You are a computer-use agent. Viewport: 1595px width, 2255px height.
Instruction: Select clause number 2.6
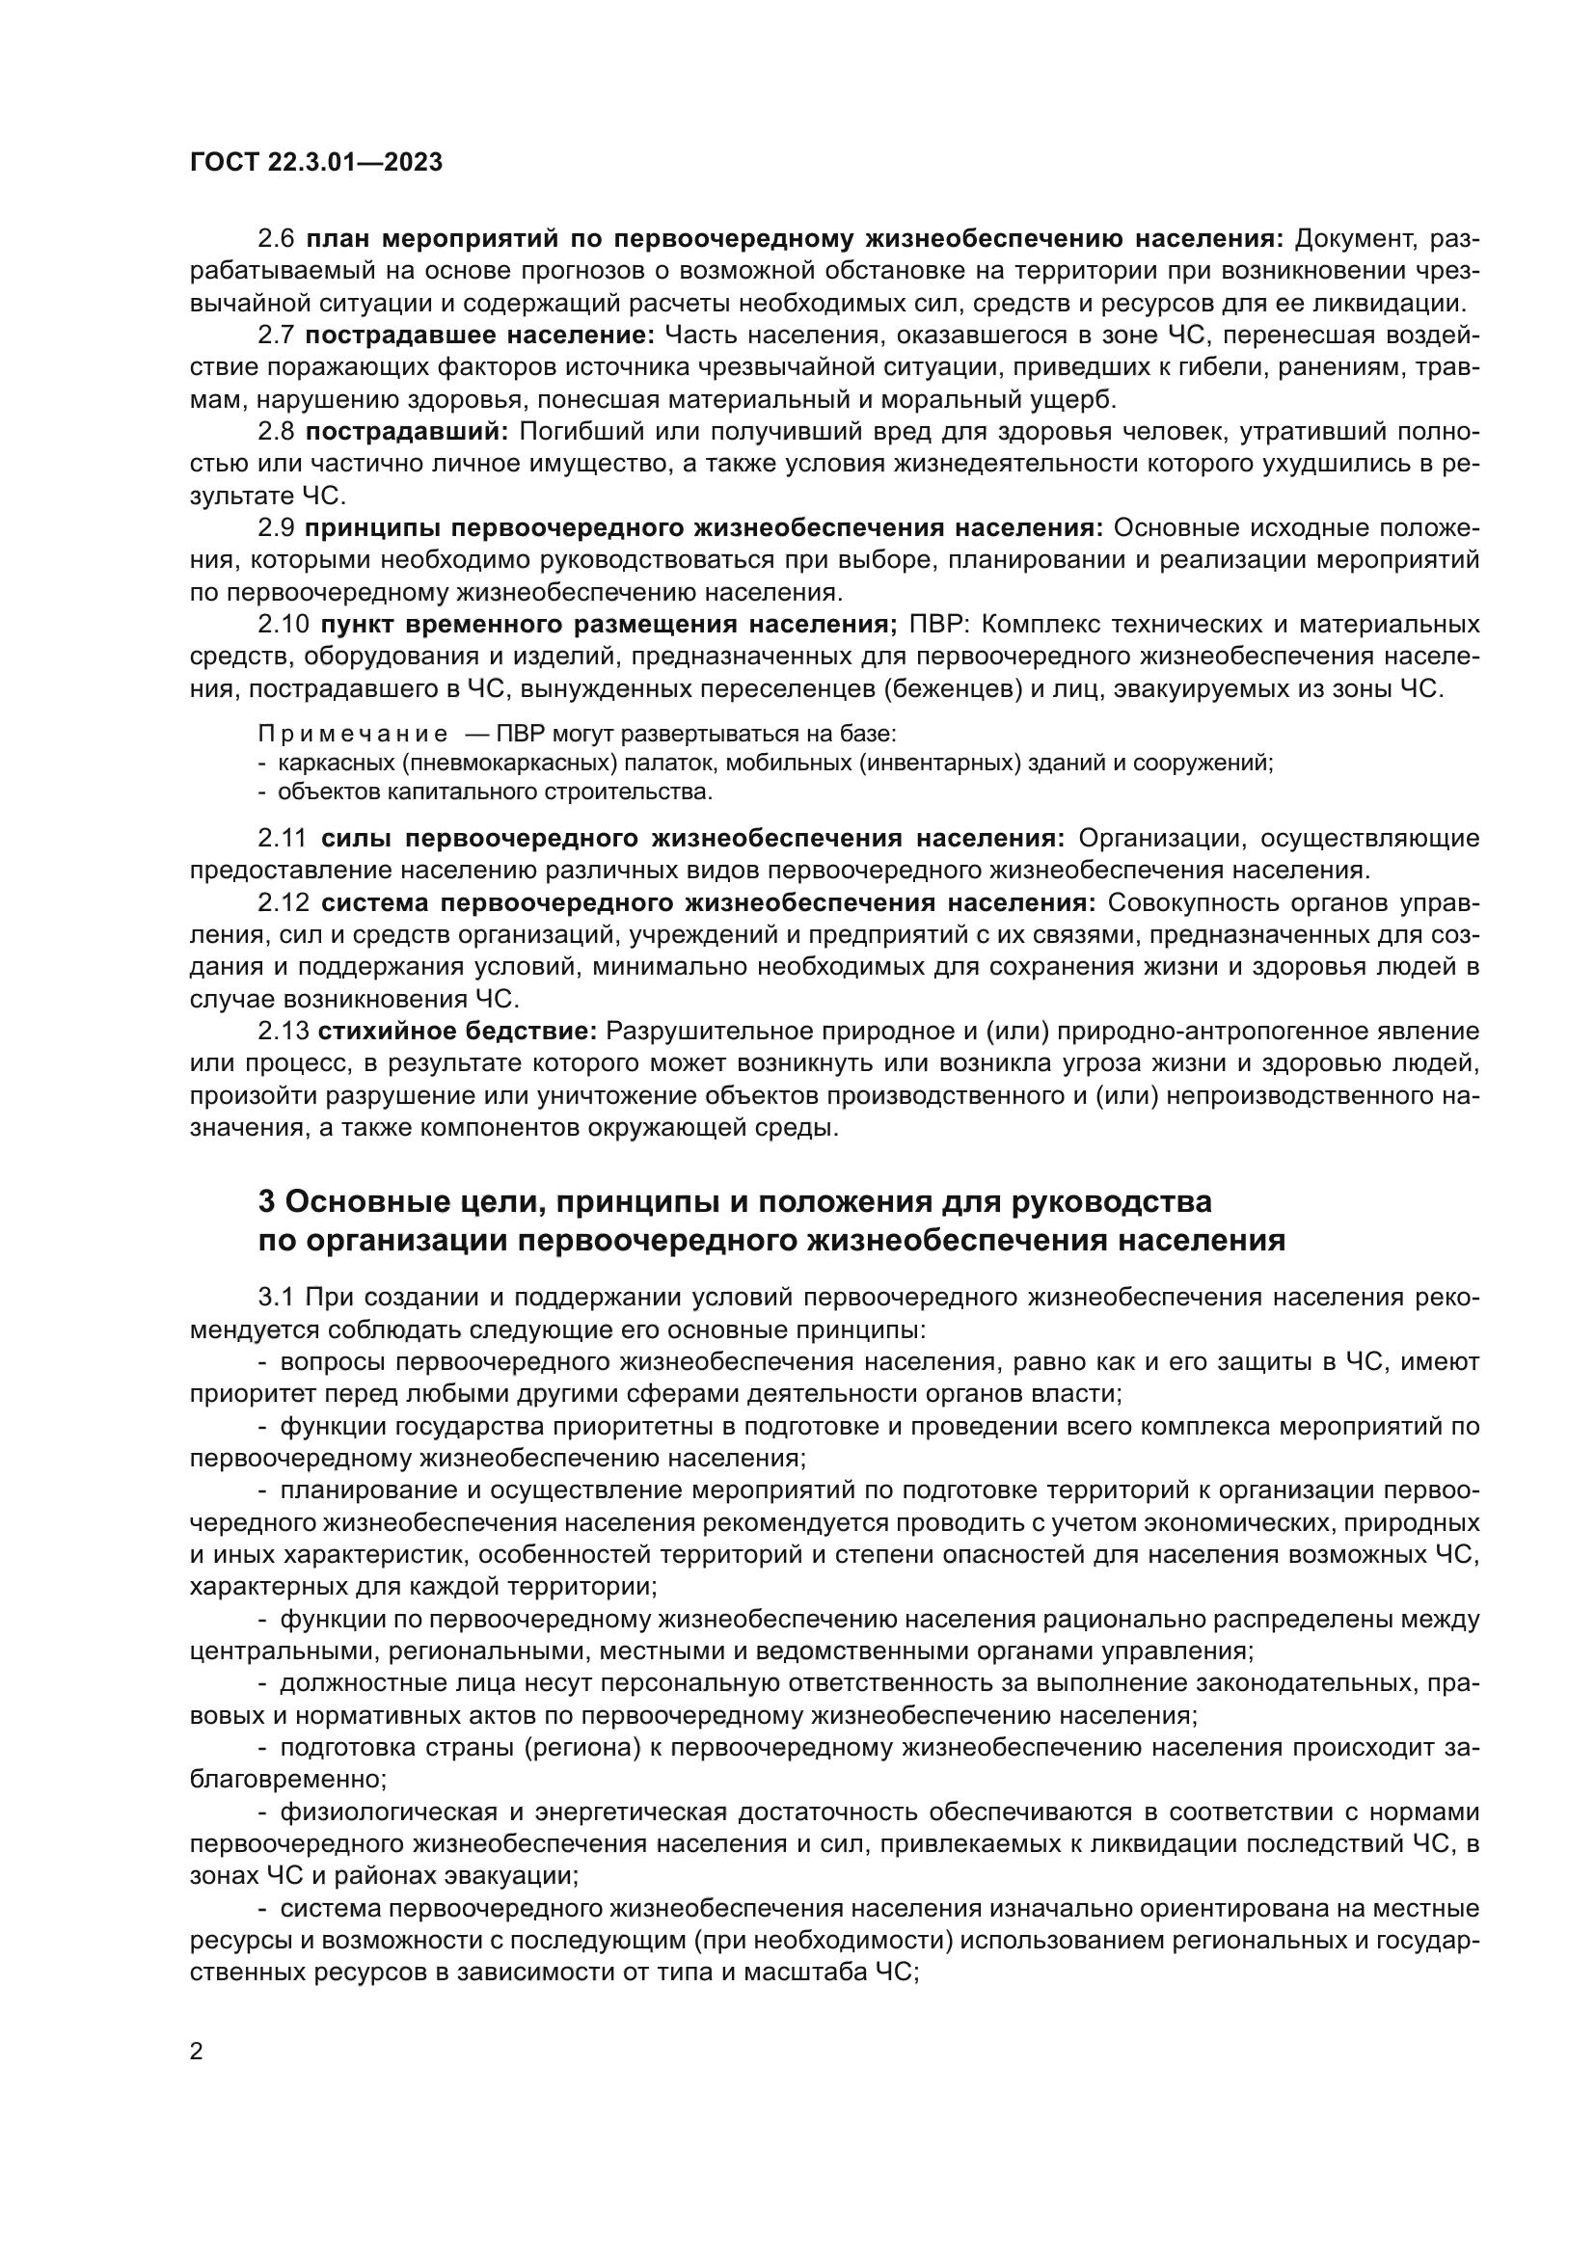276,239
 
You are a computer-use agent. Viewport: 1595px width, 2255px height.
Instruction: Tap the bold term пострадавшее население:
479,335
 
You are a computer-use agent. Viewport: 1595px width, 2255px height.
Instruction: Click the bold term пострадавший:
407,431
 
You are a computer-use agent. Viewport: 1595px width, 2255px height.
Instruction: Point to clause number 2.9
276,527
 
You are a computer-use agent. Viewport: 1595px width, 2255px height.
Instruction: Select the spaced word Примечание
353,734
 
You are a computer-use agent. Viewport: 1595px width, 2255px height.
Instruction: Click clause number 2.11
283,838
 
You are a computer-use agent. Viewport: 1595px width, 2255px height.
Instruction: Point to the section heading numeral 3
266,1201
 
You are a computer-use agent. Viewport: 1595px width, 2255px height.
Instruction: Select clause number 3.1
276,1297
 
